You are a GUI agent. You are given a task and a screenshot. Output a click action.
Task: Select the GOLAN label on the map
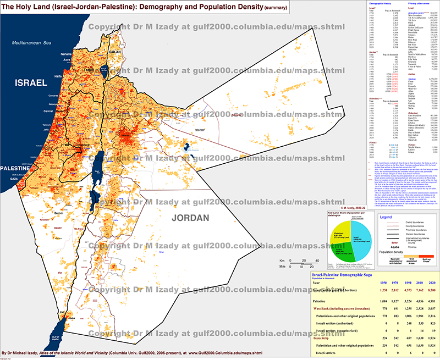click(114, 52)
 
